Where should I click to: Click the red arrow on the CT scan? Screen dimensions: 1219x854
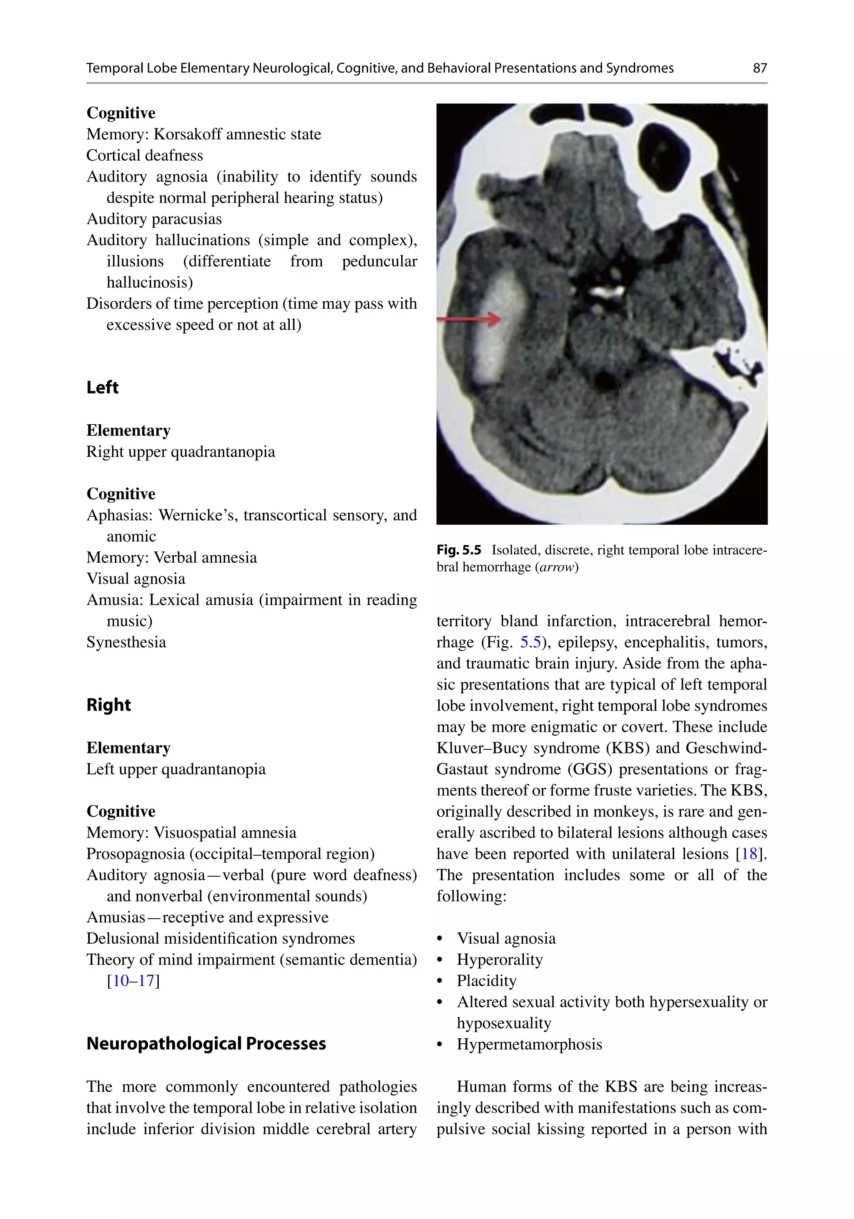pyautogui.click(x=469, y=319)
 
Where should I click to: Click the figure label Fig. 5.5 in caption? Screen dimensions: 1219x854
pyautogui.click(x=459, y=550)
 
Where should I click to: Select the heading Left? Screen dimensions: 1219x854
pyautogui.click(x=103, y=388)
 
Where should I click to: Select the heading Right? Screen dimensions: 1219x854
pyautogui.click(x=108, y=705)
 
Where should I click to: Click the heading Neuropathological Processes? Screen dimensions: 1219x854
pyautogui.click(x=206, y=1044)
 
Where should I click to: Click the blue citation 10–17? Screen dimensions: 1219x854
pyautogui.click(x=133, y=981)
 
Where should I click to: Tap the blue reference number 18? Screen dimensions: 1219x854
pyautogui.click(x=749, y=854)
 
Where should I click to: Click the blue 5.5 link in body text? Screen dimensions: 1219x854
pyautogui.click(x=530, y=642)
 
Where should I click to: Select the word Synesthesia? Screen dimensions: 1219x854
pyautogui.click(x=126, y=642)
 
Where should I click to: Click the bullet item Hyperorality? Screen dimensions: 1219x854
pyautogui.click(x=500, y=960)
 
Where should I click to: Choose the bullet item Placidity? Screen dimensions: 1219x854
pyautogui.click(x=486, y=981)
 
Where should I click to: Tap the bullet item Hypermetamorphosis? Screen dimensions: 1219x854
pyautogui.click(x=529, y=1044)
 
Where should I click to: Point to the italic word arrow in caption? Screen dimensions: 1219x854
pyautogui.click(x=557, y=567)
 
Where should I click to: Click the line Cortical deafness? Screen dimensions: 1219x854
pyautogui.click(x=144, y=156)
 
